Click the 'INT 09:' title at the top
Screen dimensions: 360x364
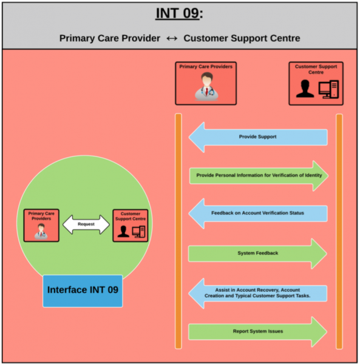[x=179, y=13]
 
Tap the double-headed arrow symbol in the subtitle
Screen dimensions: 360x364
[x=172, y=38]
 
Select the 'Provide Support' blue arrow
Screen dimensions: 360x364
[x=258, y=137]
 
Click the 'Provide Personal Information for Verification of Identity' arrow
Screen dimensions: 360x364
[x=259, y=176]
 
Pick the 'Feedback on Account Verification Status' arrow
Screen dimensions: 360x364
[x=258, y=214]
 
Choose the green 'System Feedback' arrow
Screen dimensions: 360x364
[x=257, y=254]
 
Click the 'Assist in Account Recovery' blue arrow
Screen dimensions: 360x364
[x=258, y=293]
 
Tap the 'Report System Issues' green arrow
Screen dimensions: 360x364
[x=257, y=332]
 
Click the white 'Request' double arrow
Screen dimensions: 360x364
[x=86, y=224]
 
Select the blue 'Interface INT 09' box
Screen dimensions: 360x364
[x=83, y=291]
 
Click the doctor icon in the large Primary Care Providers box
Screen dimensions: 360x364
[x=206, y=86]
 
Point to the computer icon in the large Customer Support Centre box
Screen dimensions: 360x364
[x=328, y=89]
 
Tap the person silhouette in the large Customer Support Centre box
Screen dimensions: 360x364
[x=305, y=89]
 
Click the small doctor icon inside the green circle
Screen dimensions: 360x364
[x=41, y=231]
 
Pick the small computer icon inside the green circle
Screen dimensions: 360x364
[x=138, y=232]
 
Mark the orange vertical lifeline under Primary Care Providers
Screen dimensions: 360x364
[x=178, y=231]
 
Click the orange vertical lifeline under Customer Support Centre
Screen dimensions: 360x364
[x=339, y=231]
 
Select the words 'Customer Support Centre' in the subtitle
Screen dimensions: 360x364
[x=242, y=38]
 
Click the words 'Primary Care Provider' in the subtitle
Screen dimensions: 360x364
[x=110, y=38]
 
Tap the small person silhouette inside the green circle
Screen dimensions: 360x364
[x=123, y=231]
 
